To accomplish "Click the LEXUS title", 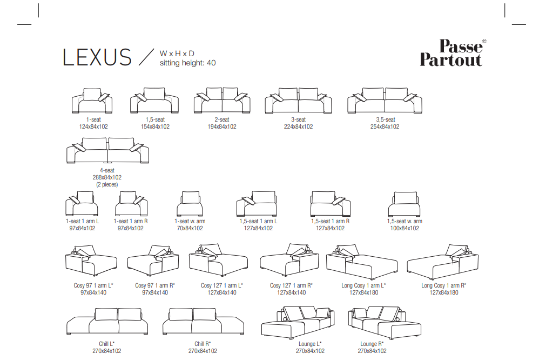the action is click(x=97, y=57).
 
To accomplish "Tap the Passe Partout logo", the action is click(x=453, y=52).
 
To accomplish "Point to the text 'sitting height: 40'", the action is click(x=188, y=63).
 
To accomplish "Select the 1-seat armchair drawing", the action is click(x=92, y=101).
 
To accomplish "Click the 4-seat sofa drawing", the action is click(x=108, y=151).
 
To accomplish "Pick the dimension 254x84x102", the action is click(x=385, y=127).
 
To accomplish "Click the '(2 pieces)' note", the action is click(x=107, y=184).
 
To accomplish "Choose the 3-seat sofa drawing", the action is click(x=299, y=101).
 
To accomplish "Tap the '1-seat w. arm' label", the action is click(x=190, y=221).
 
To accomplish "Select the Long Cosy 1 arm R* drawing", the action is click(x=443, y=262).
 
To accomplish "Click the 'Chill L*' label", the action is click(x=106, y=344).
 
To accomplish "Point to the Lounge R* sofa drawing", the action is click(x=385, y=323).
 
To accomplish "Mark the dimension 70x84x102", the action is click(x=190, y=228).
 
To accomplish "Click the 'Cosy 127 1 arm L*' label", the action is click(x=222, y=285).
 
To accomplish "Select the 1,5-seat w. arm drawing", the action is click(x=405, y=204).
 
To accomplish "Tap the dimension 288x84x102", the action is click(x=107, y=177).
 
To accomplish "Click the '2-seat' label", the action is click(x=222, y=119).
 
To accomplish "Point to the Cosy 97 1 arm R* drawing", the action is click(x=153, y=261).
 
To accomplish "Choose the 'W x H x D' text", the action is click(x=177, y=54).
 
